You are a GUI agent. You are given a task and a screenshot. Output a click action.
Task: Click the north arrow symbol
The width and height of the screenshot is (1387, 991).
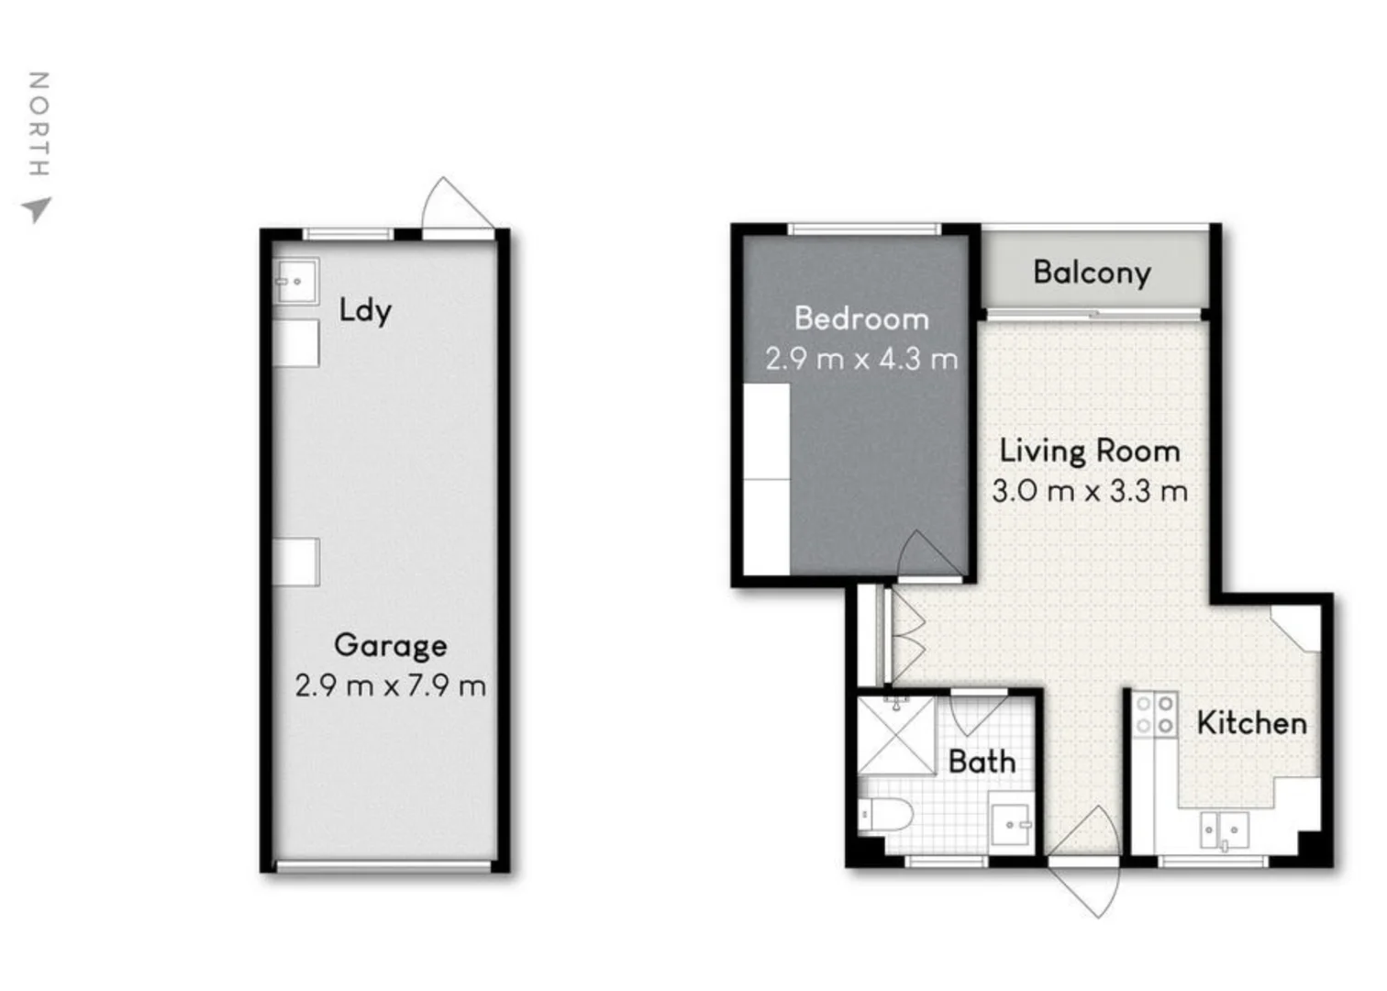[x=37, y=210]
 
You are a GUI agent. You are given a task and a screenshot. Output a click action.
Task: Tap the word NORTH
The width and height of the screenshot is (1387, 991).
[x=38, y=124]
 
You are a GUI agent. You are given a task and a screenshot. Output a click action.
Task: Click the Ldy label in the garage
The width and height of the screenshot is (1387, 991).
[x=364, y=310]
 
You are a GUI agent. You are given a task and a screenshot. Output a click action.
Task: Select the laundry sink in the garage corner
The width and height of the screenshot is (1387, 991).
[x=296, y=281]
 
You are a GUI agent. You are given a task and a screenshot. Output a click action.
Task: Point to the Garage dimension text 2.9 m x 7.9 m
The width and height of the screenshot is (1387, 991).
[x=390, y=685]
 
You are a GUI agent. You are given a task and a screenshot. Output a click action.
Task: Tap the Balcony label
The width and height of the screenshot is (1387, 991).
[x=1091, y=273]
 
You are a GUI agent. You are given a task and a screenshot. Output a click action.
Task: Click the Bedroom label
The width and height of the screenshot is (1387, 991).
[x=861, y=318]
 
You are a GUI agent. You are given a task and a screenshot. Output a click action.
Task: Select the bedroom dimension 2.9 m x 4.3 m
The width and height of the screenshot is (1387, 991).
[x=861, y=359]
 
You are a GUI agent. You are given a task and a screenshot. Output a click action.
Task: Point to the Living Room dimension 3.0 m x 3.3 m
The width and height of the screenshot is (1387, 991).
[x=1090, y=491]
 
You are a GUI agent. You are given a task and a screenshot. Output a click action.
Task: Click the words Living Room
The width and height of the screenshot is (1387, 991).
[x=1090, y=451]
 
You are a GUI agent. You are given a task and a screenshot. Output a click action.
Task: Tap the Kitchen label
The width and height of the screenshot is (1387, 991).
[x=1251, y=723]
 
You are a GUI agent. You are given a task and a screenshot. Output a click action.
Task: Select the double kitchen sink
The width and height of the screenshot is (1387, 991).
[x=1225, y=830]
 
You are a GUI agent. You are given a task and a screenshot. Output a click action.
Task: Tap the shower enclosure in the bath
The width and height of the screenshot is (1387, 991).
[x=895, y=735]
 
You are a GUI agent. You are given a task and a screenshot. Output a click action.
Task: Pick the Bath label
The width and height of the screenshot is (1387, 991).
[x=982, y=762]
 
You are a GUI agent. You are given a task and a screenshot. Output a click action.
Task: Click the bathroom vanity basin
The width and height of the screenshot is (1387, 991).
[x=1012, y=825]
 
